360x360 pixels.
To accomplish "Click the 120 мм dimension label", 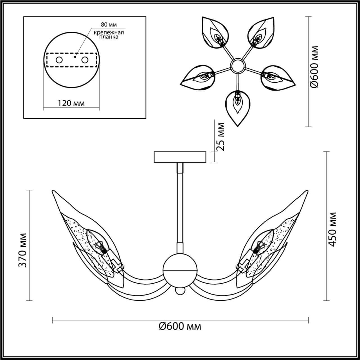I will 71,103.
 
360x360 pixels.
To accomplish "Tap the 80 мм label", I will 108,24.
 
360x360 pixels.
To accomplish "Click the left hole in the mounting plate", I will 59,60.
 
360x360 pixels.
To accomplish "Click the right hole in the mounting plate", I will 85,60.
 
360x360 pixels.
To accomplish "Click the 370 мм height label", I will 22,250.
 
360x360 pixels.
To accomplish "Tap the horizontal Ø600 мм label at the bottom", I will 180,326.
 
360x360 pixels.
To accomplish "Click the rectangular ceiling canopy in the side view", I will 180,157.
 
